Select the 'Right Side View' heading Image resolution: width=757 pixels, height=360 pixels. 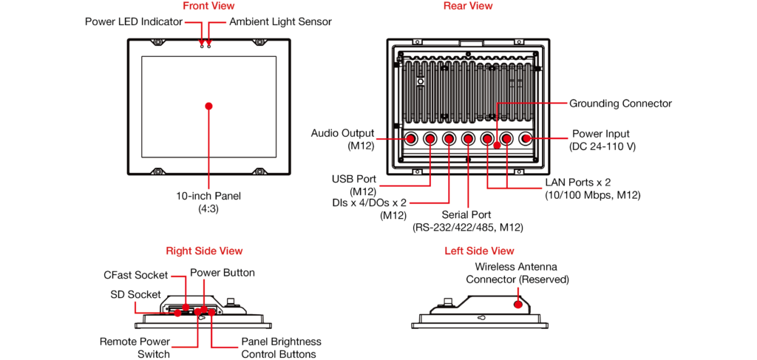tap(204, 251)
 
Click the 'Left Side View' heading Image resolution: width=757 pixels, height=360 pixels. tap(479, 251)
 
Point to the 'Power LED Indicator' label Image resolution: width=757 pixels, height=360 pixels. tap(134, 22)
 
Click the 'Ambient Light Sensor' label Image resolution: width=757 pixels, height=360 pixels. tap(280, 22)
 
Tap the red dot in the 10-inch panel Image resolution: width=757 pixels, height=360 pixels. tap(209, 106)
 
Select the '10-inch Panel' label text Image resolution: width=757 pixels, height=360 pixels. tap(208, 197)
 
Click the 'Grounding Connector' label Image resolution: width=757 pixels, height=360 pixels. tap(620, 103)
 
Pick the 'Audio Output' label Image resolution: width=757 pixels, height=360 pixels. tap(342, 134)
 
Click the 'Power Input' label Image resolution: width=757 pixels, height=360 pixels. tap(601, 135)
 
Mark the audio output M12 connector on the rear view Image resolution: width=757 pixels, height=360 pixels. tap(411, 138)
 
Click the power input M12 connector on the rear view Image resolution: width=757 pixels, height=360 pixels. tap(526, 138)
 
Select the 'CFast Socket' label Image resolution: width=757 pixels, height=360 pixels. tap(135, 275)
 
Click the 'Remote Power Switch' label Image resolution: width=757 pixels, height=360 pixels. tap(135, 347)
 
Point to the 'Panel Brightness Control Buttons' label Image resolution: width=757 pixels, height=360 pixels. tap(281, 347)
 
